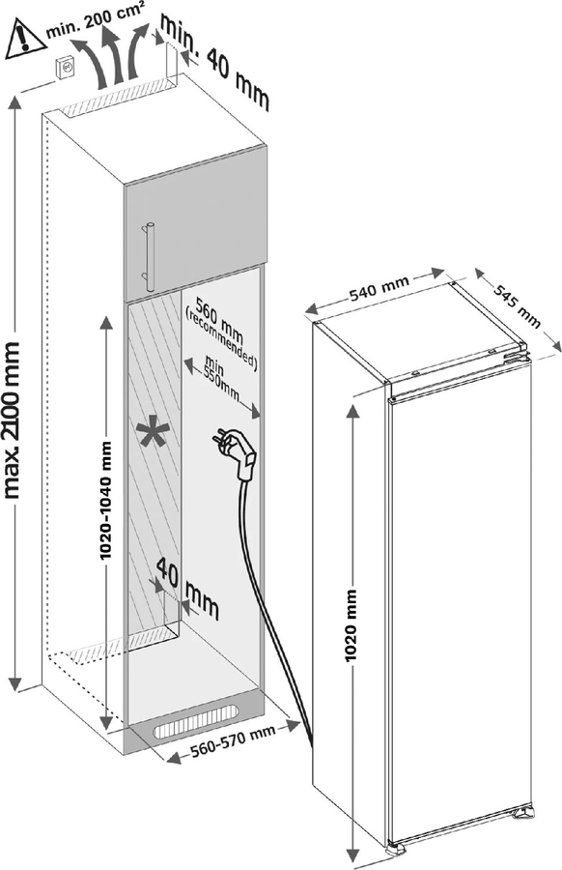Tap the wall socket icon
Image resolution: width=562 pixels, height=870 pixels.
(66, 70)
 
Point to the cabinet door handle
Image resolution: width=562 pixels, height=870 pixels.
(149, 256)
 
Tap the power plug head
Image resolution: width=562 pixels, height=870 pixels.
(236, 450)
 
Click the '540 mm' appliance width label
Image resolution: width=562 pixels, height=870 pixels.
(379, 288)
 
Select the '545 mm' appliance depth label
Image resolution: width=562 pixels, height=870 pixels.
(516, 305)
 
